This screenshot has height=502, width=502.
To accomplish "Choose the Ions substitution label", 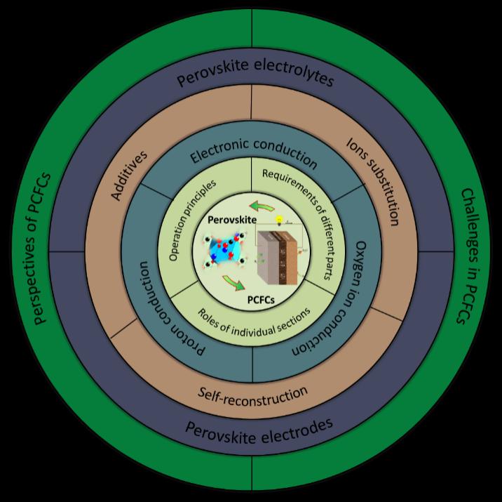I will click(374, 181).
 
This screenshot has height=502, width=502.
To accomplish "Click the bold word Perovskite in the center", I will click(227, 220).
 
